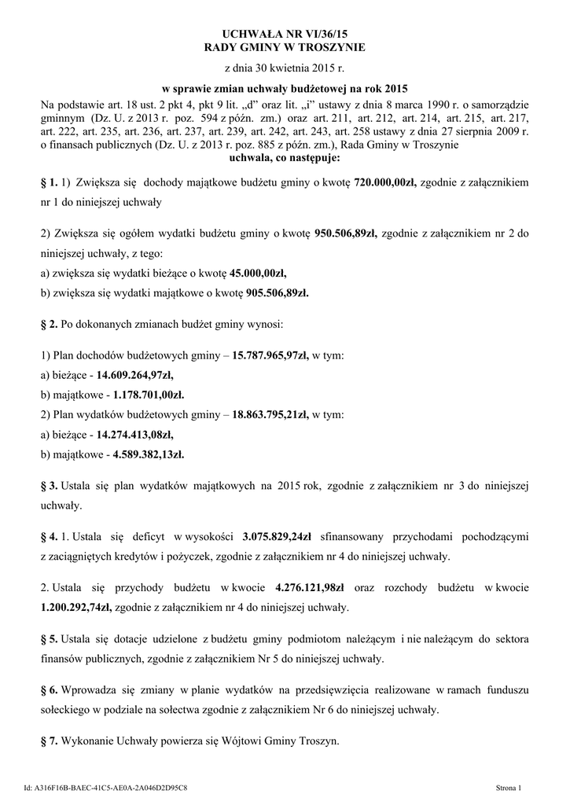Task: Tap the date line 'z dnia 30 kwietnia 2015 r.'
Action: (285, 69)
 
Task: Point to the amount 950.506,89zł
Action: (346, 233)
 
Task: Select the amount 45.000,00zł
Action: (258, 274)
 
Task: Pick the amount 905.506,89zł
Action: (270, 293)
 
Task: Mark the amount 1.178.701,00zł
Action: (149, 395)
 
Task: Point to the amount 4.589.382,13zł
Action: (149, 454)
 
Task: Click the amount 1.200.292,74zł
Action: (75, 607)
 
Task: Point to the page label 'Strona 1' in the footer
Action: (514, 786)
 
